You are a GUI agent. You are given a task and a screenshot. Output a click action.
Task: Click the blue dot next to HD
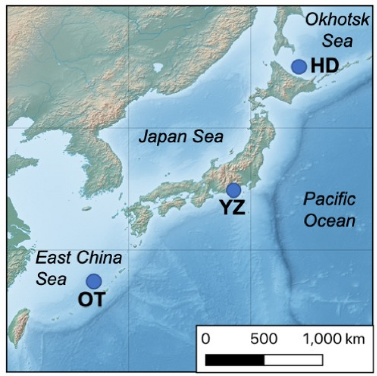pyautogui.click(x=299, y=67)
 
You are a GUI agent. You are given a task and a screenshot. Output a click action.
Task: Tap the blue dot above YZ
pyautogui.click(x=234, y=190)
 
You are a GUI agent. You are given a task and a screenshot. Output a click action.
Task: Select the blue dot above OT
pyautogui.click(x=94, y=281)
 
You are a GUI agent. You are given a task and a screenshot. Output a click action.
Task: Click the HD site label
pyautogui.click(x=324, y=67)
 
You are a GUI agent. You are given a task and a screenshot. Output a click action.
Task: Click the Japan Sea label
pyautogui.click(x=181, y=137)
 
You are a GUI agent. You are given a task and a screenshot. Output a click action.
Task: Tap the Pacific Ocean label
pyautogui.click(x=329, y=211)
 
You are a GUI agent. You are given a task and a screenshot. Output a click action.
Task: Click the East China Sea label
pyautogui.click(x=78, y=268)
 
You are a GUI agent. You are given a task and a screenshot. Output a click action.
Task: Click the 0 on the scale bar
pyautogui.click(x=207, y=339)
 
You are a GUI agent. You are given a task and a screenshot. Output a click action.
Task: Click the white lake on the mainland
pyautogui.click(x=158, y=68)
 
